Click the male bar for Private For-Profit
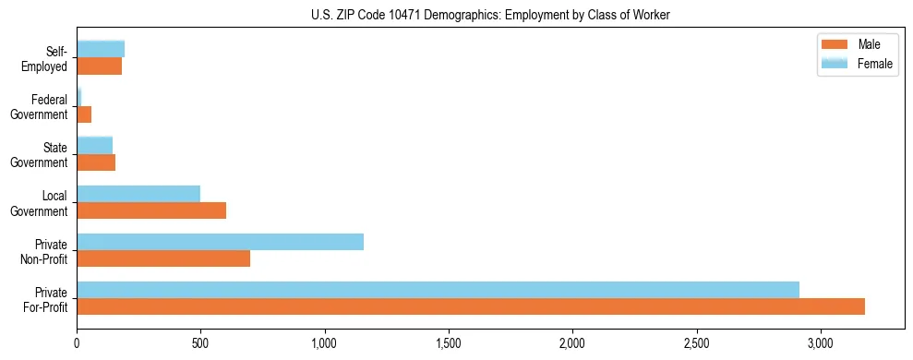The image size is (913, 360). tap(471, 306)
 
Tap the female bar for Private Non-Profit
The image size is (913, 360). tap(220, 242)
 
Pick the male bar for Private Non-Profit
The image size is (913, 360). tap(163, 258)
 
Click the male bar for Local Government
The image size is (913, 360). tap(151, 210)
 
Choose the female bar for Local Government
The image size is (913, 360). tap(138, 194)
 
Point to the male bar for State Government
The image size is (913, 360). tap(96, 162)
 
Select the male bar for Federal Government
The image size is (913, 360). tap(84, 114)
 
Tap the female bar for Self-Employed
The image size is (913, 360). tap(101, 49)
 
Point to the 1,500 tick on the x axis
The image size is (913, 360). tap(449, 343)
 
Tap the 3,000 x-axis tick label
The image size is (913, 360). tap(821, 343)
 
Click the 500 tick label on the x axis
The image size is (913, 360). tap(200, 343)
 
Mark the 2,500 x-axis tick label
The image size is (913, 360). tap(696, 343)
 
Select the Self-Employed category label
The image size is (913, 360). tap(47, 58)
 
